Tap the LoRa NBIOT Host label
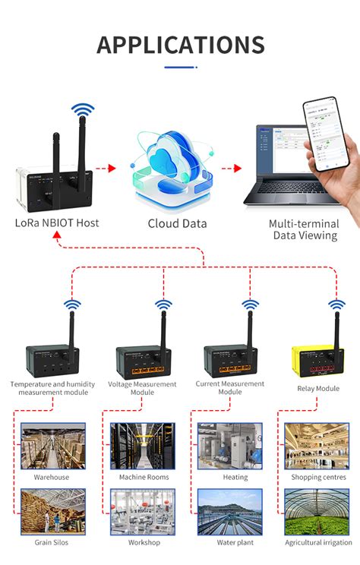pos(57,223)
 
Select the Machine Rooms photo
pos(142,446)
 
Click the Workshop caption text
pos(144,542)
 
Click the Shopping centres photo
pos(317,446)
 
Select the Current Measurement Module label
pos(229,388)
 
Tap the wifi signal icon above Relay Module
pos(336,305)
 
